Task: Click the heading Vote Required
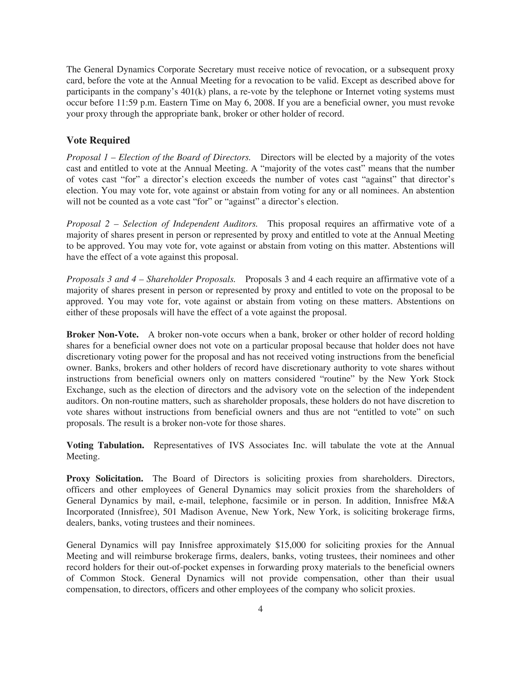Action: (x=98, y=140)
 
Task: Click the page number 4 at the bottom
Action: (x=260, y=609)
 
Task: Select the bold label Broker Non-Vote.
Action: (x=103, y=334)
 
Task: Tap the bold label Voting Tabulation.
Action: (x=105, y=445)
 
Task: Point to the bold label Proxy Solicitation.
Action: (x=105, y=479)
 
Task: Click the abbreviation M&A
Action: (x=443, y=501)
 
